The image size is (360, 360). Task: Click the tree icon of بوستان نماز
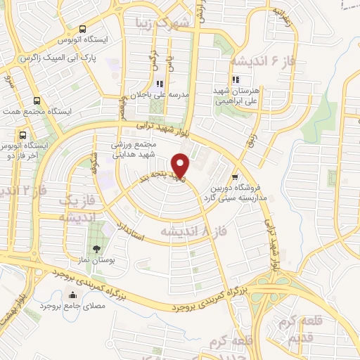pyautogui.click(x=96, y=248)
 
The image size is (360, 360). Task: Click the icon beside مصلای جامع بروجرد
pyautogui.click(x=71, y=293)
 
